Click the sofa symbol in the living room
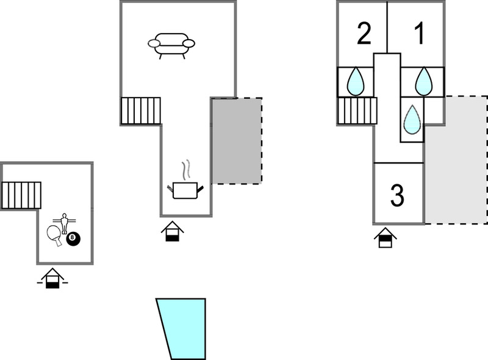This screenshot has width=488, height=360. tap(171, 46)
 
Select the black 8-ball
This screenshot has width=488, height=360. tap(73, 239)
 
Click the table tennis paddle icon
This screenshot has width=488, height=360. tap(54, 236)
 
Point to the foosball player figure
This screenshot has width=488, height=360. tap(65, 223)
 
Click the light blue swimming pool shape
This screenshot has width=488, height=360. tap(182, 328)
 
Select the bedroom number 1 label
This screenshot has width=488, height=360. tap(420, 34)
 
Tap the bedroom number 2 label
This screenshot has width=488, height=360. tap(364, 34)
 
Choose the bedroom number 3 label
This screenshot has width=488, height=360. tap(398, 195)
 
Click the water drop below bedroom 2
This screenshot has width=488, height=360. tap(356, 81)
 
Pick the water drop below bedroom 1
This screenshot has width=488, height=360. tap(423, 81)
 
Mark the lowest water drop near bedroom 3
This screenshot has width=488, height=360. tap(412, 120)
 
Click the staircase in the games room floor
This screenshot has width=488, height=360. tap(21, 195)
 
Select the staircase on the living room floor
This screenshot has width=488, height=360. tap(141, 111)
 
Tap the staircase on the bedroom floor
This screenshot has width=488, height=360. tap(357, 111)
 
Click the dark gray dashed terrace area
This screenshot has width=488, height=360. tap(237, 141)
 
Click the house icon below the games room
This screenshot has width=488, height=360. tap(52, 278)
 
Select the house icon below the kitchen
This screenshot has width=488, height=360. tap(173, 231)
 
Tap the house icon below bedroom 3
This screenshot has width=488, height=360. tap(386, 237)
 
